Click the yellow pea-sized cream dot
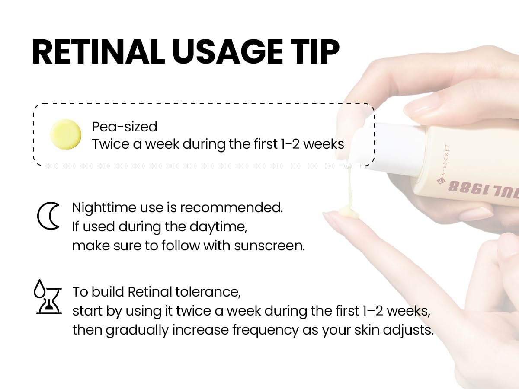[66, 134]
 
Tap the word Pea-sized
[125, 127]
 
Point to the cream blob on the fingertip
[348, 211]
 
